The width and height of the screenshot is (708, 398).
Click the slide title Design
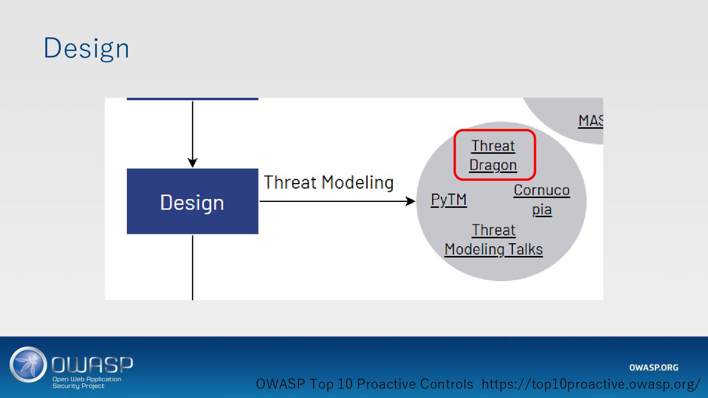tap(87, 49)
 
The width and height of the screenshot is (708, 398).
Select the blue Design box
tap(192, 201)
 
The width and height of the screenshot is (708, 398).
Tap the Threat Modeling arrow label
tap(328, 182)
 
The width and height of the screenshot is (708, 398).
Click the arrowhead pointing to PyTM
tap(411, 201)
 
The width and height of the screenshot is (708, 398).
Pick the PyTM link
tap(448, 200)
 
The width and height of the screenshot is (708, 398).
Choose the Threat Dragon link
tap(493, 155)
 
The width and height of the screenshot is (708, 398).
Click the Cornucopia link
tap(541, 199)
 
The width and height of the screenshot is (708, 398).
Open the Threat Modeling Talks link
tap(493, 240)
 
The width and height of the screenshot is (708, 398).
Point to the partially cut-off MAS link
tap(590, 121)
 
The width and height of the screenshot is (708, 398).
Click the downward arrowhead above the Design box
tap(192, 163)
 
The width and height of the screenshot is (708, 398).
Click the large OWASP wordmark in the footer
tap(92, 365)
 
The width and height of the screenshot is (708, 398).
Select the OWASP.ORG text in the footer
tap(653, 368)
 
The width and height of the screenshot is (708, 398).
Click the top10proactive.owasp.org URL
tap(591, 384)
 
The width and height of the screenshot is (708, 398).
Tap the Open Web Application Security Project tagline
tap(87, 382)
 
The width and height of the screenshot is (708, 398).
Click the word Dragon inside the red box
tap(493, 165)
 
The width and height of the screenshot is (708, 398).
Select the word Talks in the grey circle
tap(526, 250)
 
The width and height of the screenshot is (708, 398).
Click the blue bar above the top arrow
tap(192, 99)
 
